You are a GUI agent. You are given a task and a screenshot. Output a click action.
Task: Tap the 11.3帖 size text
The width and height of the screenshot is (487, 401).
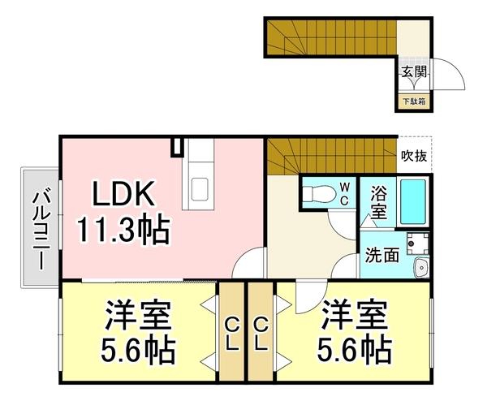[x=123, y=231]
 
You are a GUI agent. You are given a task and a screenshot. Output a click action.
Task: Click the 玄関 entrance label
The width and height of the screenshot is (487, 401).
[x=414, y=71]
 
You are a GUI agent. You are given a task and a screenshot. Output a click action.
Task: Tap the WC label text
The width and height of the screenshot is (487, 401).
[x=344, y=194]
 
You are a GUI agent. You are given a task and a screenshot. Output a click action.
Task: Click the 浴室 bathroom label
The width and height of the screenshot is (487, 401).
[x=379, y=203]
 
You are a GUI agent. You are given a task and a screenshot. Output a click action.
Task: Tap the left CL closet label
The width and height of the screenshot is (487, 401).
[x=231, y=333]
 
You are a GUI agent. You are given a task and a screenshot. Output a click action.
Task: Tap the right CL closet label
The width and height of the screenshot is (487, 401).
[x=261, y=333]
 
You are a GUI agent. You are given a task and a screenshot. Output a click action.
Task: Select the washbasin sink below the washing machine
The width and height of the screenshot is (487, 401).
[x=420, y=269]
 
